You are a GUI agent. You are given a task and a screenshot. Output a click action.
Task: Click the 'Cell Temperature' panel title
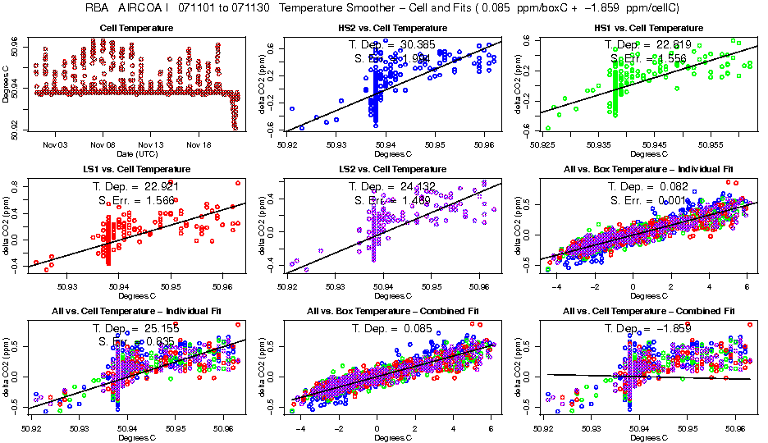point(136,28)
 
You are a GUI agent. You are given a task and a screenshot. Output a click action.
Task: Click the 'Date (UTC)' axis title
point(136,153)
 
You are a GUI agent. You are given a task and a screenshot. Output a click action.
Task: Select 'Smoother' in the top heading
point(395,7)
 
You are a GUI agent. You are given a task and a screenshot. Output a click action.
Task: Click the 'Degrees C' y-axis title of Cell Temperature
point(7,84)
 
